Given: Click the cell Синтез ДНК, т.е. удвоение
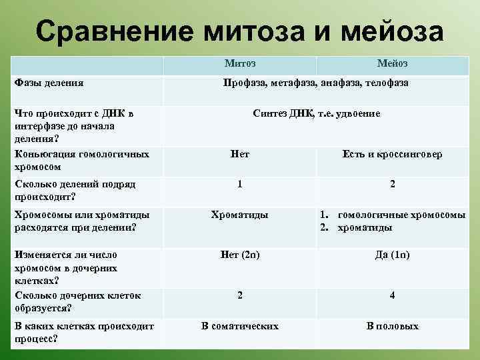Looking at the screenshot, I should click(x=317, y=113).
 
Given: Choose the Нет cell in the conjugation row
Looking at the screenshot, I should click(x=239, y=154).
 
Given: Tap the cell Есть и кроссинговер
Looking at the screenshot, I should click(x=392, y=154).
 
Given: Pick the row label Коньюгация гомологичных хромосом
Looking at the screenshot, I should click(x=80, y=160).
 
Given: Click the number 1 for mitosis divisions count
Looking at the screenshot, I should click(x=240, y=183).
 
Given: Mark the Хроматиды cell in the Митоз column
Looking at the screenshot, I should click(x=239, y=215).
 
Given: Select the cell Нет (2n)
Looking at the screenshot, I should click(x=240, y=255).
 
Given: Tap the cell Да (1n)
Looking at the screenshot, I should click(x=392, y=255).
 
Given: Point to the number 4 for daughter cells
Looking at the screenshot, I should click(x=392, y=295).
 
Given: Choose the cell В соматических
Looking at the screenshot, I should click(x=240, y=326).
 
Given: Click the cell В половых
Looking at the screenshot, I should click(x=392, y=326).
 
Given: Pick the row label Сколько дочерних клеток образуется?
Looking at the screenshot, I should click(x=77, y=301).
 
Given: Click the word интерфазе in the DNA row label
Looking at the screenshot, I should click(x=41, y=126).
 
